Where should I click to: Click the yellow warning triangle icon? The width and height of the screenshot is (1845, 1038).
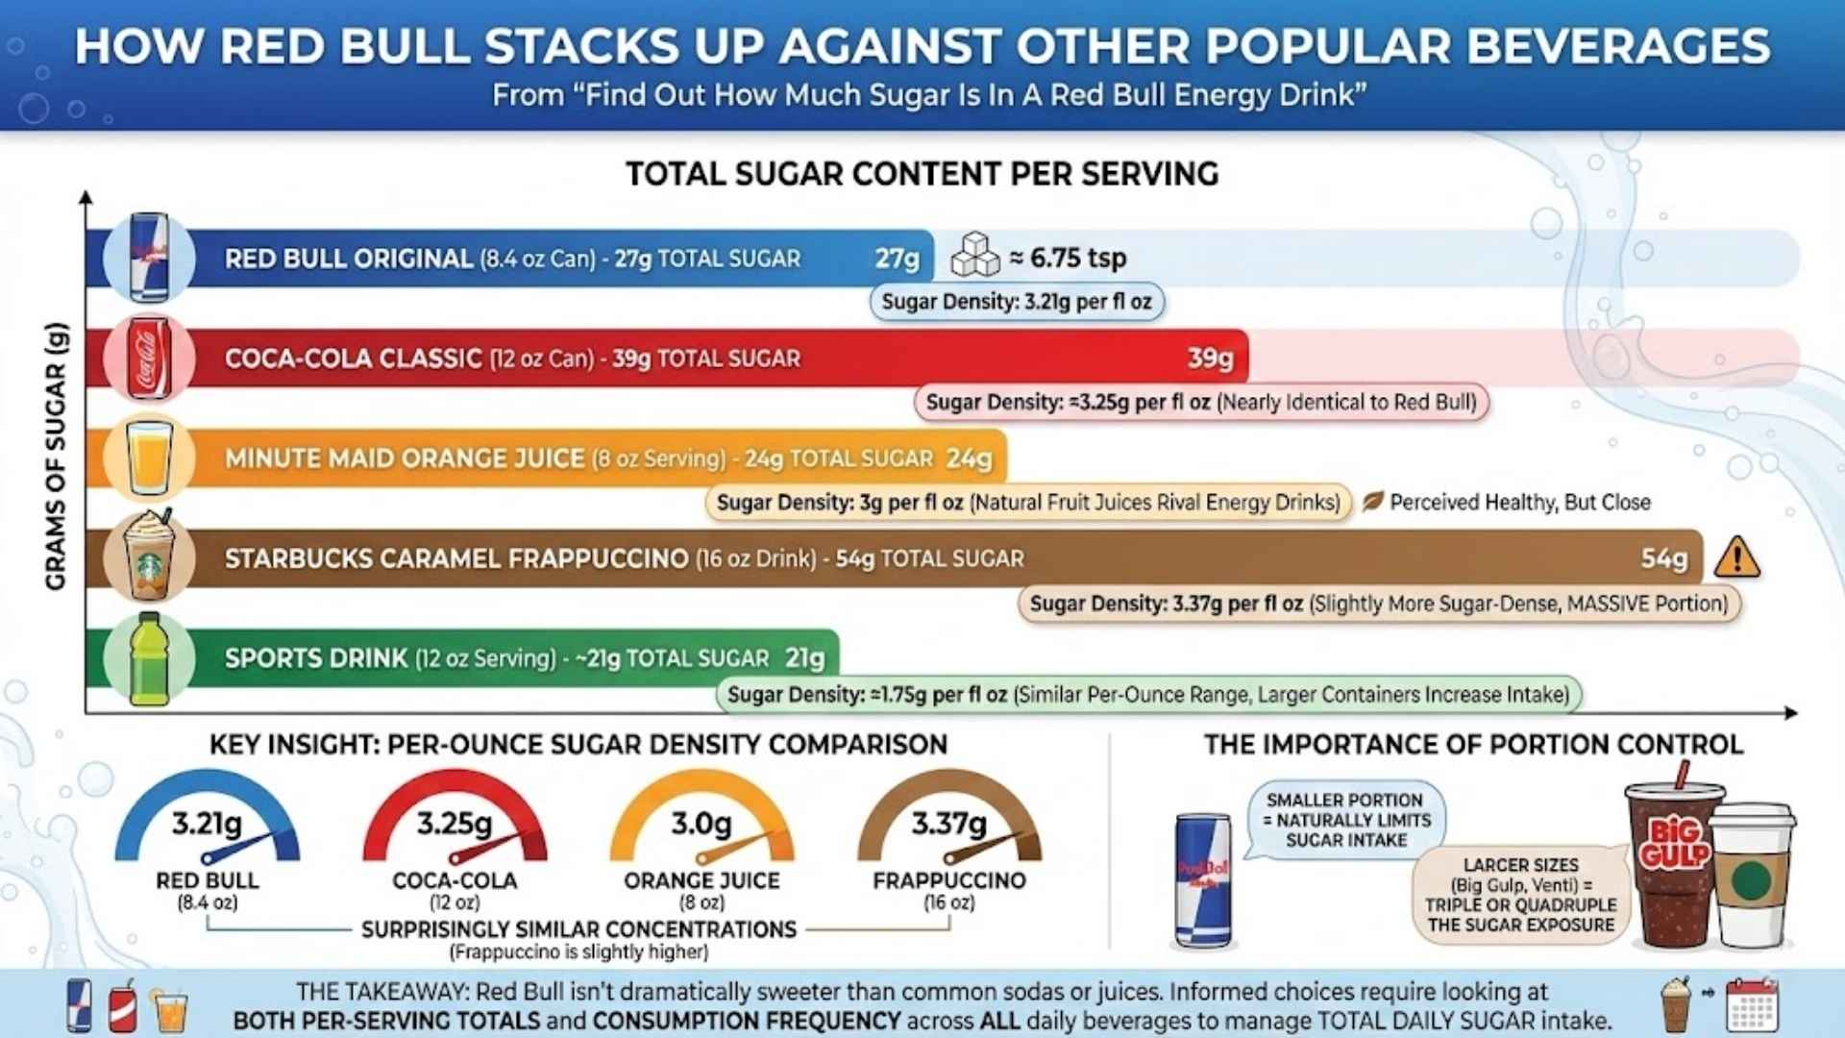1736,558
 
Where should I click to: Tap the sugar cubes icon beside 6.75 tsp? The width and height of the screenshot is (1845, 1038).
974,256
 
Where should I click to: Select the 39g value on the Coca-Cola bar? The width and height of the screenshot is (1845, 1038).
1210,358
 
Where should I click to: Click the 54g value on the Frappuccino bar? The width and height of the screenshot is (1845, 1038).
1663,558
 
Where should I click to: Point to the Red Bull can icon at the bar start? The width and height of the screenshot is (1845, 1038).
149,258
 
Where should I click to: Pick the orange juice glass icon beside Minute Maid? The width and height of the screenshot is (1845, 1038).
150,457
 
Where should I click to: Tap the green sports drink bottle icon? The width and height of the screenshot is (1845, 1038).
149,658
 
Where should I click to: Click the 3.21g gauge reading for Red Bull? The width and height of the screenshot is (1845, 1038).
207,824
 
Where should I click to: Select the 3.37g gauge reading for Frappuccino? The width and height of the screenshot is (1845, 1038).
949,824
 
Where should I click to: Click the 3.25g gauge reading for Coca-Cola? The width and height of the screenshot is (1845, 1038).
455,824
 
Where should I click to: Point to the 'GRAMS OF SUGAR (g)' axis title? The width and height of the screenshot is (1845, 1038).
56,456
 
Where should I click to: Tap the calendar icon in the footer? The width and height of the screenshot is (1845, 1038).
1752,1005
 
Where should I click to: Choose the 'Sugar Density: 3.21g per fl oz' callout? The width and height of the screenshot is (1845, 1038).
1017,302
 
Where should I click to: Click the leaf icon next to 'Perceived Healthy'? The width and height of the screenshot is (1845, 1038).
1372,502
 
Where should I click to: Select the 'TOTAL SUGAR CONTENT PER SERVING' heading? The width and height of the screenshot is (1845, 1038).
922,174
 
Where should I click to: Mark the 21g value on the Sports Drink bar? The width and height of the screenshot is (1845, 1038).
804,658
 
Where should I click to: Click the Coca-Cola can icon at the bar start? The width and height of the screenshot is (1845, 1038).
150,358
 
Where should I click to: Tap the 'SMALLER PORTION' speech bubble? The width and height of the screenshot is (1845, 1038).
1346,820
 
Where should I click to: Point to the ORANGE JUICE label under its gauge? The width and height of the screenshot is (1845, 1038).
701,880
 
